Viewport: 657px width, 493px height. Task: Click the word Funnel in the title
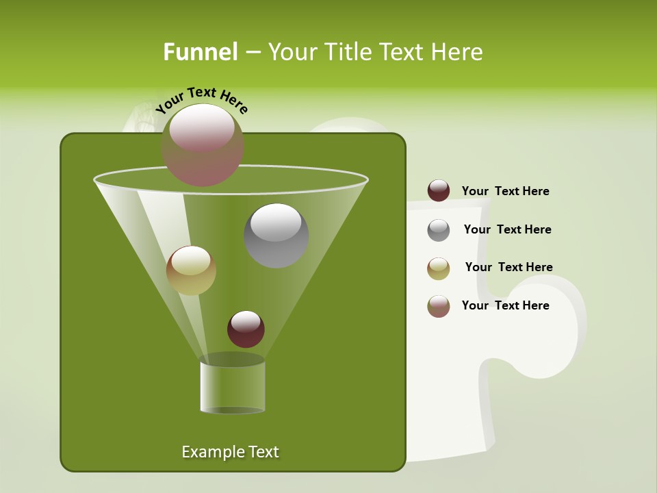(x=201, y=52)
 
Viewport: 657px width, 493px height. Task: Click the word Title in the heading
(x=348, y=52)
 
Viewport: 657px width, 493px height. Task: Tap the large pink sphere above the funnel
(x=203, y=144)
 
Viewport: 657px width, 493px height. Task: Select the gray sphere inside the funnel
(x=276, y=235)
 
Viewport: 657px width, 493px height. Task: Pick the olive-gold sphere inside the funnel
(x=191, y=270)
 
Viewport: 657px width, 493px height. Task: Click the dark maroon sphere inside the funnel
(x=246, y=329)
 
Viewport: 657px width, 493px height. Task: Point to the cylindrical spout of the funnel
(x=233, y=387)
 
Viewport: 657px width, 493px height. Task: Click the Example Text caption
(x=230, y=452)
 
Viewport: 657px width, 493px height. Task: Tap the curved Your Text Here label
(x=202, y=100)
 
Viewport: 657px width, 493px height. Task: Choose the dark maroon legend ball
(x=439, y=191)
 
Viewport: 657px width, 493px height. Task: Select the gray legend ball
(x=439, y=230)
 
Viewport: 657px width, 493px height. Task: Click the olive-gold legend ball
(x=439, y=268)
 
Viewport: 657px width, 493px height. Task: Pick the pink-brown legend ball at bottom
(x=439, y=306)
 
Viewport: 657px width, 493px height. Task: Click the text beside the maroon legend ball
(x=505, y=192)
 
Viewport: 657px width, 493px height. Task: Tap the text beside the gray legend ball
(x=507, y=230)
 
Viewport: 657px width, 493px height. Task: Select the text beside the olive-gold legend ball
(x=508, y=268)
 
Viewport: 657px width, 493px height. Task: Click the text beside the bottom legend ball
(x=505, y=305)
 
